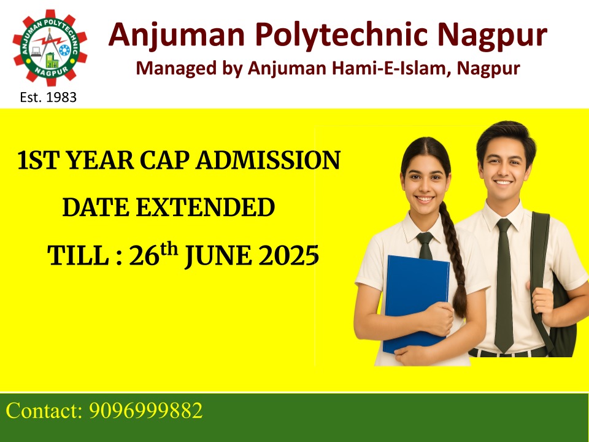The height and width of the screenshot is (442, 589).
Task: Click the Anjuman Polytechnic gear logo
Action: pyautogui.click(x=50, y=48)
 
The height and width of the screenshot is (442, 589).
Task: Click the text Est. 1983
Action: pyautogui.click(x=48, y=98)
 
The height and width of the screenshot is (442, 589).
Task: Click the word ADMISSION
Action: pyautogui.click(x=268, y=160)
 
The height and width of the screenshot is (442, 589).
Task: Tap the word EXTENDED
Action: pyautogui.click(x=205, y=207)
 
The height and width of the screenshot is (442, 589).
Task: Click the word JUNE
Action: pyautogui.click(x=218, y=257)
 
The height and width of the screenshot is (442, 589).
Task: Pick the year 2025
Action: pyautogui.click(x=289, y=256)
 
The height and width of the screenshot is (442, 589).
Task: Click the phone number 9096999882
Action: pyautogui.click(x=146, y=411)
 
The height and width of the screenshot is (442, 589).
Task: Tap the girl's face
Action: pyautogui.click(x=425, y=187)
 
